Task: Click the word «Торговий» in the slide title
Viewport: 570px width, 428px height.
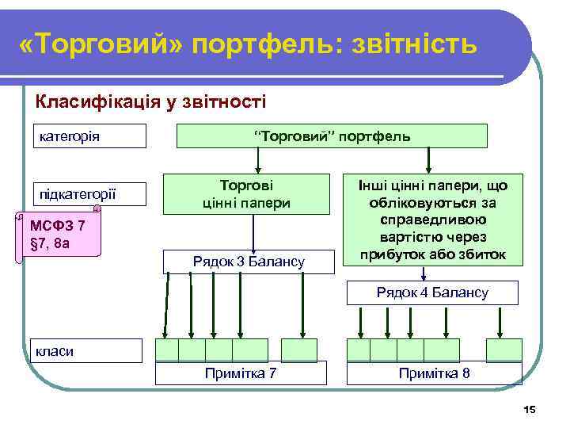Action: pyautogui.click(x=101, y=44)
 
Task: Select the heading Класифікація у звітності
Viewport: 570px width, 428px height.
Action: pyautogui.click(x=150, y=101)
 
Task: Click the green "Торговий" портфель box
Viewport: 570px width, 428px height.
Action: pyautogui.click(x=331, y=136)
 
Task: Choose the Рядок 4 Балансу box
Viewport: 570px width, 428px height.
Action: pyautogui.click(x=432, y=292)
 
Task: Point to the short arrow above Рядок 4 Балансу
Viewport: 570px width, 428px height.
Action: pyautogui.click(x=426, y=273)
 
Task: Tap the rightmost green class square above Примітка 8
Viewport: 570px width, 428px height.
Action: pyautogui.click(x=503, y=350)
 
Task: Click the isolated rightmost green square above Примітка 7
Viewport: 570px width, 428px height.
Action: pyautogui.click(x=298, y=350)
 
